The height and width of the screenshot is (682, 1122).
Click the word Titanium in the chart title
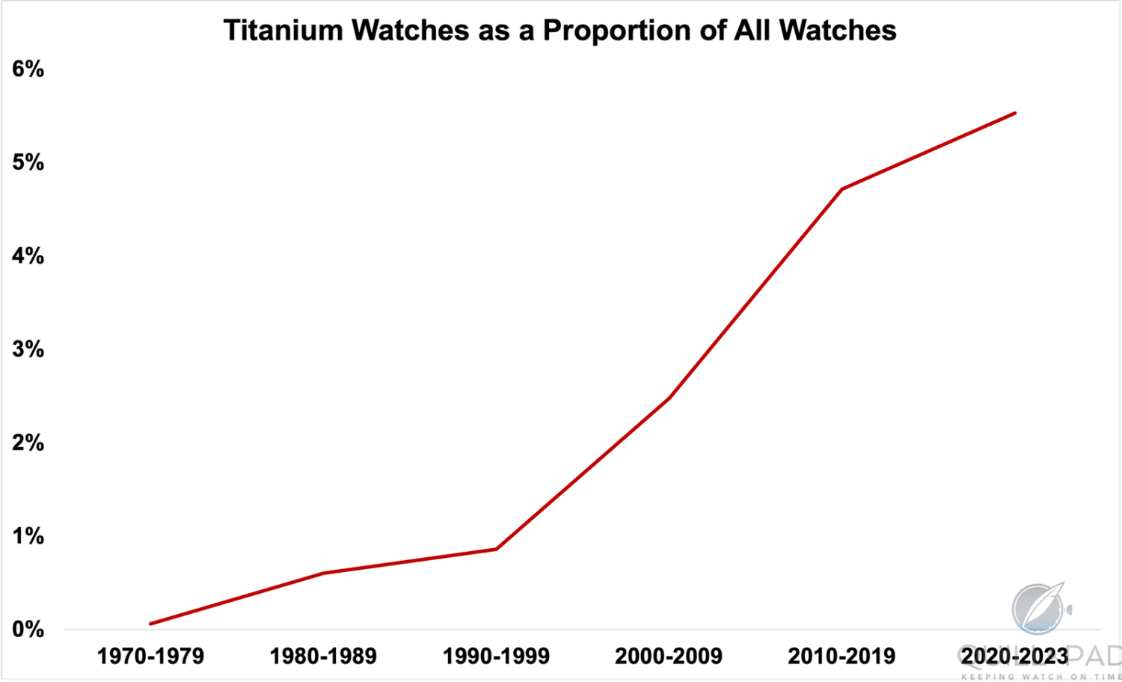click(x=283, y=31)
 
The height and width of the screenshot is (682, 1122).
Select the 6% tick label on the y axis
click(x=28, y=70)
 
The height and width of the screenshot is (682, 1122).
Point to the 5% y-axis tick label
click(x=28, y=163)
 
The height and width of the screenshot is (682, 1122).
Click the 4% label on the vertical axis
click(x=28, y=256)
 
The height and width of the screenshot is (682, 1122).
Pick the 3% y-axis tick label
click(x=28, y=350)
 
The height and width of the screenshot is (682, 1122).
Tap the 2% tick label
click(x=28, y=443)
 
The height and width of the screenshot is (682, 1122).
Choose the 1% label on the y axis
click(x=28, y=537)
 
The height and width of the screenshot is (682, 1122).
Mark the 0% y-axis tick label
click(x=28, y=630)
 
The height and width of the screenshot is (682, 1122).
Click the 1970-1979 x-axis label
click(x=150, y=657)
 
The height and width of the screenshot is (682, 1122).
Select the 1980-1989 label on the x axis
click(x=323, y=657)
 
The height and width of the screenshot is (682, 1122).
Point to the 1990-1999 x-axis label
click(x=496, y=657)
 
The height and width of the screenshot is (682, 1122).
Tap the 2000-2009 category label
click(x=669, y=657)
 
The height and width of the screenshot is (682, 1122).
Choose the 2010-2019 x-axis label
click(x=841, y=657)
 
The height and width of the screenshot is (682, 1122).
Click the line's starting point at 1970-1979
click(x=151, y=624)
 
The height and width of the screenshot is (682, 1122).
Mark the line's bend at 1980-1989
click(x=323, y=574)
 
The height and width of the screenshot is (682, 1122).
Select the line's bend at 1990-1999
click(x=496, y=550)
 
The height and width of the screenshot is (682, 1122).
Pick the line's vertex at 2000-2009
click(x=669, y=399)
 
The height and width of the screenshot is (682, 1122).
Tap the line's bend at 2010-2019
click(x=842, y=189)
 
